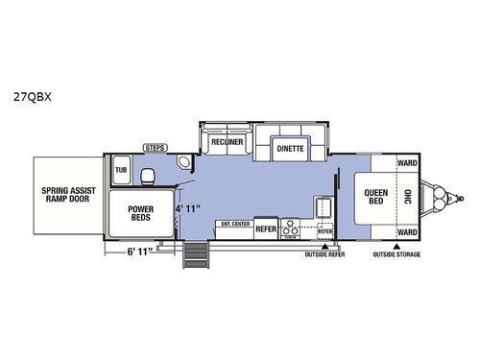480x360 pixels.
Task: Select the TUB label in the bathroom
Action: [x=122, y=170]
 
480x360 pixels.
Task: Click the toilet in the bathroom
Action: [x=148, y=174]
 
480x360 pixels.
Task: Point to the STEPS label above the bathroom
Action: [x=154, y=147]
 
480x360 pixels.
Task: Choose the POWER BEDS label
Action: [x=140, y=212]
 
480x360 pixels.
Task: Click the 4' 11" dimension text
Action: [x=191, y=207]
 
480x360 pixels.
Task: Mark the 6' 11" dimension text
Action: [x=139, y=252]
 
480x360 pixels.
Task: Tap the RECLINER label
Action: [x=228, y=142]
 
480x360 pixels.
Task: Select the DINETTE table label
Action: [x=290, y=151]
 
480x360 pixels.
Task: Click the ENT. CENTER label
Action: [x=234, y=224]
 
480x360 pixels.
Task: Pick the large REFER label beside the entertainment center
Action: [x=266, y=230]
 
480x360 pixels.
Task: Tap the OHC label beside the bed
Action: [x=407, y=197]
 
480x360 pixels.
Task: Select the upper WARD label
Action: [x=406, y=163]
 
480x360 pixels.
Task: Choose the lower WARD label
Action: [x=406, y=231]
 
